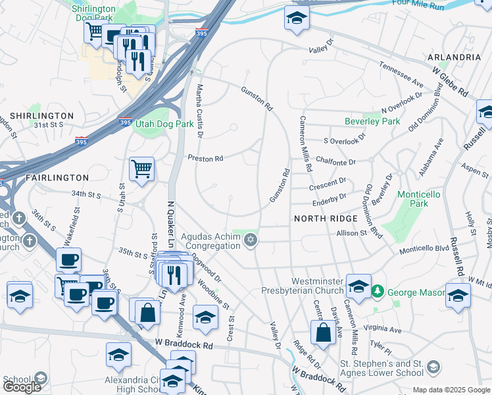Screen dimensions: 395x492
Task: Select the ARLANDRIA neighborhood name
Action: point(457,57)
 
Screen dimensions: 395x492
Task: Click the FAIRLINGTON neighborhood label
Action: point(57,178)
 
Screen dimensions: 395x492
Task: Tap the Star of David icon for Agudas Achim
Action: point(249,242)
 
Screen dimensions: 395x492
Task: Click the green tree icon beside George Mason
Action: point(378,290)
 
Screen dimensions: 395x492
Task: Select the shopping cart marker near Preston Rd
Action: point(141,169)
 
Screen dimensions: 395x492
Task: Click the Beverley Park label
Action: point(372,122)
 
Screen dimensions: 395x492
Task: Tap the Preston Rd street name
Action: point(206,158)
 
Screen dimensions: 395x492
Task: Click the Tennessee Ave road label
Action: point(401,74)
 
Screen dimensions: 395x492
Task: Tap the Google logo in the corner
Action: point(22,387)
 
